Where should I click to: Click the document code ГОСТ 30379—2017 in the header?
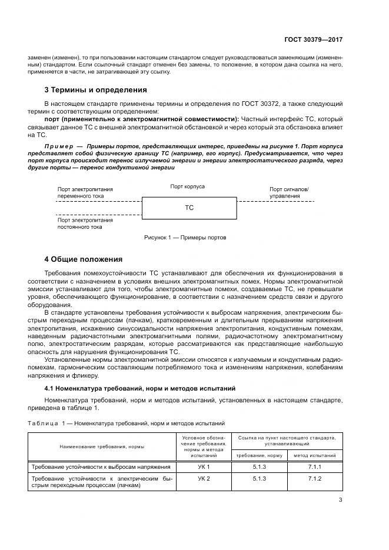pyautogui.click(x=314, y=39)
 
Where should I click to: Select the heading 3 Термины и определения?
pyautogui.click(x=96, y=90)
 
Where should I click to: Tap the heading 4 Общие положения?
pyautogui.click(x=84, y=259)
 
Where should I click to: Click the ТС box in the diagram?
pyautogui.click(x=189, y=208)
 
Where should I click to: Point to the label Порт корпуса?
pyautogui.click(x=188, y=186)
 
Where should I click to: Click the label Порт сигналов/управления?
pyautogui.click(x=289, y=192)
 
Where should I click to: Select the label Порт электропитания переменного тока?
pyautogui.click(x=85, y=193)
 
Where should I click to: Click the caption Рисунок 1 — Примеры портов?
pyautogui.click(x=185, y=238)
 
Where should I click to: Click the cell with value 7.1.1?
pyautogui.click(x=315, y=466)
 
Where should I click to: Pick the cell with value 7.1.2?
pyautogui.click(x=315, y=479)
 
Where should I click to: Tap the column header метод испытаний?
pyautogui.click(x=315, y=455)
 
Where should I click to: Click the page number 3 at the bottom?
pyautogui.click(x=340, y=501)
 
